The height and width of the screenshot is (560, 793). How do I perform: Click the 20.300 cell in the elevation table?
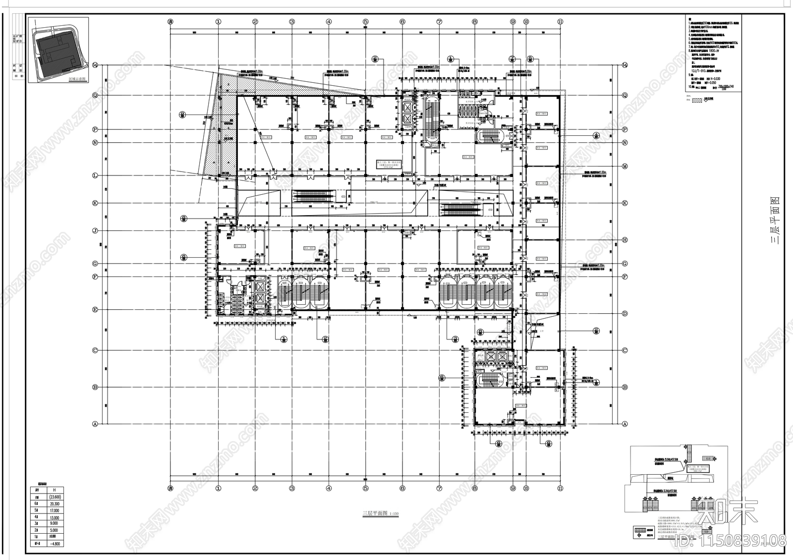pyautogui.click(x=55, y=504)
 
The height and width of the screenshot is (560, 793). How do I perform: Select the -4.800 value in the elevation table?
pyautogui.click(x=55, y=543)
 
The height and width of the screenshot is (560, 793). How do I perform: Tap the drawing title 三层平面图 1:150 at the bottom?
pyautogui.click(x=379, y=514)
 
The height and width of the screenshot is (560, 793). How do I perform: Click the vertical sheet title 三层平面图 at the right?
pyautogui.click(x=774, y=221)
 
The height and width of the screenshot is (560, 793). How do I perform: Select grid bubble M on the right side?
pyautogui.click(x=625, y=166)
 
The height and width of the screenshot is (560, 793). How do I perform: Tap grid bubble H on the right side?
pyautogui.click(x=625, y=240)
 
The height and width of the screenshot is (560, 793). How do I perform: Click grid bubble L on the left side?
pyautogui.click(x=95, y=175)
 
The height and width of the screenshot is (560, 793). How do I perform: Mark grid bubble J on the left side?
pyautogui.click(x=95, y=230)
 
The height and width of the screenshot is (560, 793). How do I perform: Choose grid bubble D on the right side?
pyautogui.click(x=625, y=314)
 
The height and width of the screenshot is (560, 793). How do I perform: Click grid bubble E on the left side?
pyautogui.click(x=95, y=310)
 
